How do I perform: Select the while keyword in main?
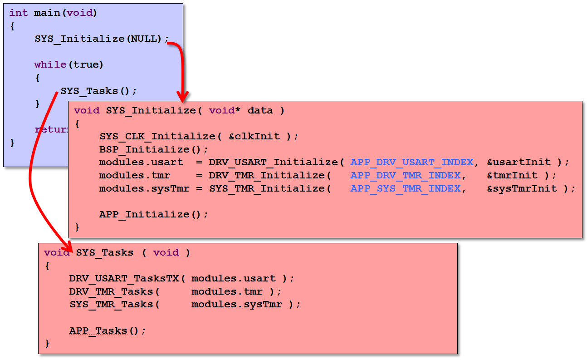point(50,64)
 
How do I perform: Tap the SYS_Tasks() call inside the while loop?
point(98,91)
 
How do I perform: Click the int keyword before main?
point(18,13)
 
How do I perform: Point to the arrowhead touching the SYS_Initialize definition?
point(182,97)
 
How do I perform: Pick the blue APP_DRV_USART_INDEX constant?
point(412,162)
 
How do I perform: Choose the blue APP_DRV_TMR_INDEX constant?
point(406,175)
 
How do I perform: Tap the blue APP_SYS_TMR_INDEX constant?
point(406,188)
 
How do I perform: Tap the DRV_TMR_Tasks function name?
point(112,291)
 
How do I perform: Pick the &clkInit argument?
point(254,136)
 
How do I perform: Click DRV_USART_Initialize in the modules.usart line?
point(274,162)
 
